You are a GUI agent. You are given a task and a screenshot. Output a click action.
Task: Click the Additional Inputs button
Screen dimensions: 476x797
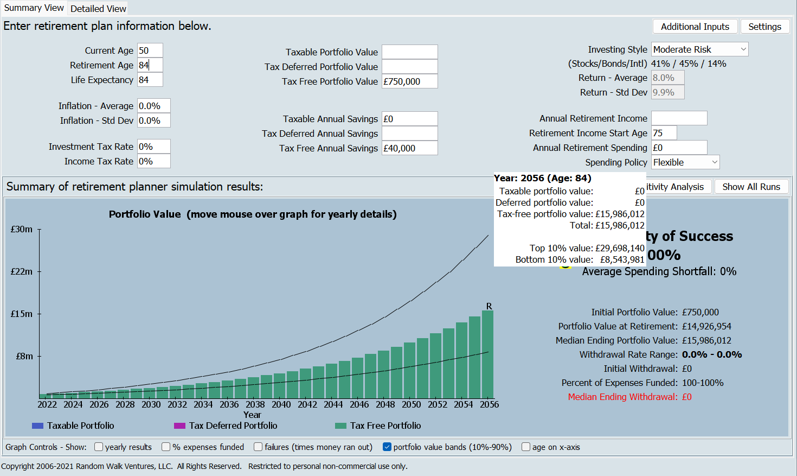[695, 27]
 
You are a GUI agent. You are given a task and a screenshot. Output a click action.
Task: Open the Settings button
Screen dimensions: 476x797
[764, 27]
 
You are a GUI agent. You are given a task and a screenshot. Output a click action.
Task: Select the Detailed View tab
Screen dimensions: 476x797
[98, 9]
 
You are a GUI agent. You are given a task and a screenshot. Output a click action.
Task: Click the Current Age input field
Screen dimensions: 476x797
[150, 50]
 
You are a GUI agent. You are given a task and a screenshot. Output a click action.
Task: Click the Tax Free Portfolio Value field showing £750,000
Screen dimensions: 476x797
[409, 81]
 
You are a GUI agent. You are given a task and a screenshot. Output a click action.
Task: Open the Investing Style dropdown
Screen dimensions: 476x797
[699, 49]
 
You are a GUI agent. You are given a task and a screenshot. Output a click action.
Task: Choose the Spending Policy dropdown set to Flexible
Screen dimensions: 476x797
[685, 162]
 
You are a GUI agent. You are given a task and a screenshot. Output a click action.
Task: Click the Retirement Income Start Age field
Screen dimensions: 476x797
[664, 133]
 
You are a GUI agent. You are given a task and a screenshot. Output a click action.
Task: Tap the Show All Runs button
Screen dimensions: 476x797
[751, 187]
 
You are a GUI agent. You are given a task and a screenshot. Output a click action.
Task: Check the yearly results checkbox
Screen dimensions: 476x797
[99, 447]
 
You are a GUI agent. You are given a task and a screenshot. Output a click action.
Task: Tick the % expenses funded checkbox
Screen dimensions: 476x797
[166, 447]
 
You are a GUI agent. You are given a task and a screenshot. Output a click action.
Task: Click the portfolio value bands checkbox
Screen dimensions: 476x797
[387, 447]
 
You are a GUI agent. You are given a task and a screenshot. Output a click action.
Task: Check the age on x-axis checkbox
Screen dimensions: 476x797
[526, 447]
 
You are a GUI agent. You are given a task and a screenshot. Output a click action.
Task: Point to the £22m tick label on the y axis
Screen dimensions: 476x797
[22, 271]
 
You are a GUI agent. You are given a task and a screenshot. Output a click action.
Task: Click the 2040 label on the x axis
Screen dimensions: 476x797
[281, 404]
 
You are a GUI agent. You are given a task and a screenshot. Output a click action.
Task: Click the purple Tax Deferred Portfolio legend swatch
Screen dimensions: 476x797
[179, 426]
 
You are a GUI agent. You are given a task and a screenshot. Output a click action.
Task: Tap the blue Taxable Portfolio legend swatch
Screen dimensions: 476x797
[37, 426]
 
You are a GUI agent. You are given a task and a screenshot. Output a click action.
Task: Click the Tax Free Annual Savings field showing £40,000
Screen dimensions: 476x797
[409, 148]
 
